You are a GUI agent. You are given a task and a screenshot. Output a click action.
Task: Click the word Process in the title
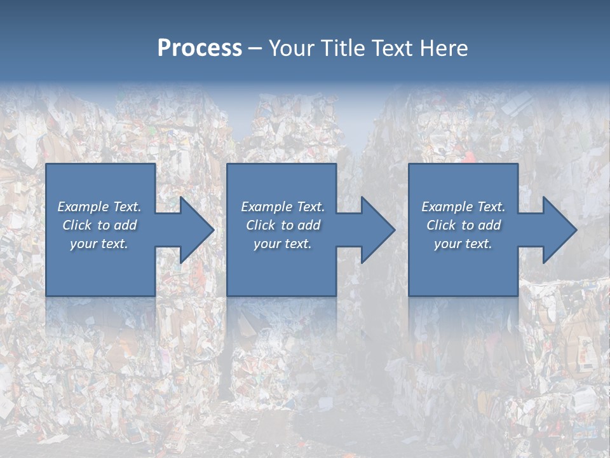(200, 48)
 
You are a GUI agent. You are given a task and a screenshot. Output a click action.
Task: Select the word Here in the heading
(443, 48)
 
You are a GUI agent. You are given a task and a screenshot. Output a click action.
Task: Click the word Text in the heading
(392, 48)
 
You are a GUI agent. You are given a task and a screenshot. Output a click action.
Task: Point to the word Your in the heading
(293, 48)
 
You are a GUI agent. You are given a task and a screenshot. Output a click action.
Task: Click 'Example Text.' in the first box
(99, 207)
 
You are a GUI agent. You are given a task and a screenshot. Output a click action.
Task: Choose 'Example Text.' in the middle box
(283, 207)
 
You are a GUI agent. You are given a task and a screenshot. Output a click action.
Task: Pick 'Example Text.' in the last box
(463, 207)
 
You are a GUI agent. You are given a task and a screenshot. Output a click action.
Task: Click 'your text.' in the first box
(99, 244)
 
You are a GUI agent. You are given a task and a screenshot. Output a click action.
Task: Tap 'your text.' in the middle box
(283, 244)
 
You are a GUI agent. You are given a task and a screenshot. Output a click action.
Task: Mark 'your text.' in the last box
(463, 244)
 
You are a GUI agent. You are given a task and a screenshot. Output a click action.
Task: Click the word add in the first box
(126, 225)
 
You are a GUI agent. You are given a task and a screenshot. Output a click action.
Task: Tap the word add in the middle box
(309, 225)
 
